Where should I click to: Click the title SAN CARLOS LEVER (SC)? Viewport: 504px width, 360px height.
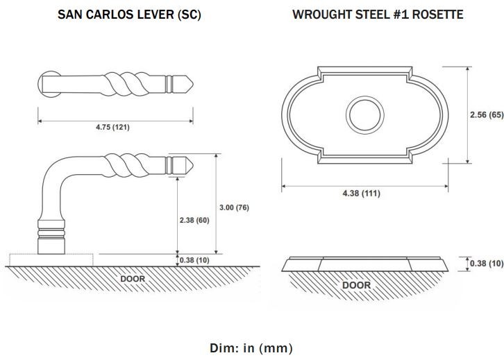click(x=129, y=15)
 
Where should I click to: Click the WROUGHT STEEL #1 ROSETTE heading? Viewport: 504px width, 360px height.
click(x=378, y=15)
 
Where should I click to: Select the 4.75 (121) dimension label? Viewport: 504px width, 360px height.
click(x=112, y=127)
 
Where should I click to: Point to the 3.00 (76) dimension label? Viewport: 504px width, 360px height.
click(x=235, y=207)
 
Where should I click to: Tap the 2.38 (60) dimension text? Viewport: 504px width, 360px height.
click(x=194, y=220)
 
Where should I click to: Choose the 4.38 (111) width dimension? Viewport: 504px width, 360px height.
click(x=361, y=194)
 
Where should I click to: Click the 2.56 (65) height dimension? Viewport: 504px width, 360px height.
click(x=487, y=114)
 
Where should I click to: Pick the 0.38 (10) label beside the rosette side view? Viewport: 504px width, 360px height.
click(x=487, y=264)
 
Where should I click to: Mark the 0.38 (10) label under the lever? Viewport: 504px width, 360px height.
click(x=194, y=260)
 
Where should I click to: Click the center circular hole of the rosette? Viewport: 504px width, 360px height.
click(x=365, y=114)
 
